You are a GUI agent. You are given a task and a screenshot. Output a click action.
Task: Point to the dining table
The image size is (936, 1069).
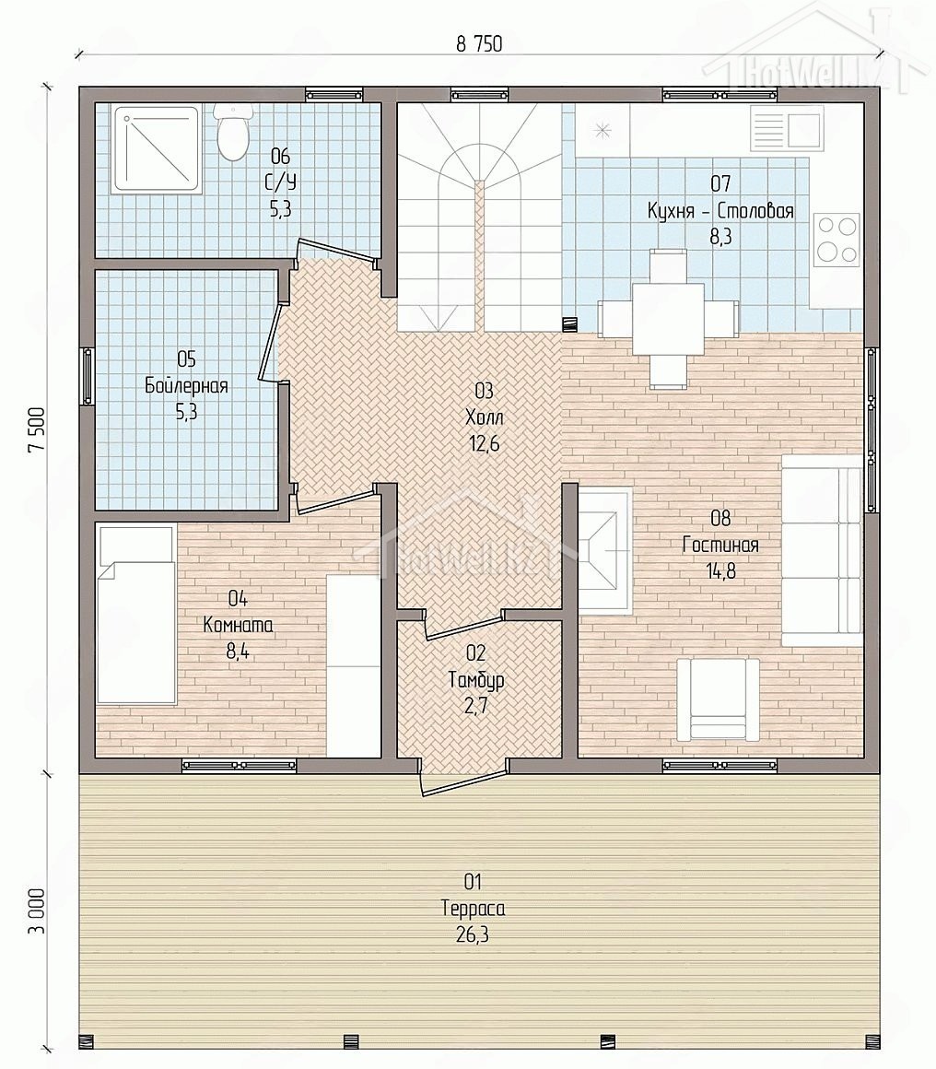pyautogui.click(x=668, y=319)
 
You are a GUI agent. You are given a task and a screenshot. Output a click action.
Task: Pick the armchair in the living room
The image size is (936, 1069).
pyautogui.click(x=718, y=699)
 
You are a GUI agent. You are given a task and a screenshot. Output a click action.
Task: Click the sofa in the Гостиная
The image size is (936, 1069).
pyautogui.click(x=822, y=550)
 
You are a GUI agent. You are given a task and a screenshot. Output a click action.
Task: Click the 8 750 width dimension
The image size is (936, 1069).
pyautogui.click(x=478, y=44)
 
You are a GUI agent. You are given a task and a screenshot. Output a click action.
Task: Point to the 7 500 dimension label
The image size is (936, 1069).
pyautogui.click(x=38, y=429)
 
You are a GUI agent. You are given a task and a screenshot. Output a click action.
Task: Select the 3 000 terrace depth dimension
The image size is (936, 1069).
pyautogui.click(x=38, y=911)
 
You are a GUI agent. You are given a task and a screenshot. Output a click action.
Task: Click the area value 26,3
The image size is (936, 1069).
pyautogui.click(x=473, y=934)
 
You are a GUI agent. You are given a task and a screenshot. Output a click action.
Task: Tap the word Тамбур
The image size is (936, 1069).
pyautogui.click(x=476, y=680)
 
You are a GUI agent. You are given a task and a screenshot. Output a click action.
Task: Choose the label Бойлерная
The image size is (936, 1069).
pyautogui.click(x=186, y=386)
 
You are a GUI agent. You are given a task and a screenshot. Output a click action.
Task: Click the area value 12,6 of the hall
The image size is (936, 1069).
pyautogui.click(x=484, y=444)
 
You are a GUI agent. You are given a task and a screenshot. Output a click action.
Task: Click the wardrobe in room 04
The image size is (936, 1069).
pyautogui.click(x=353, y=665)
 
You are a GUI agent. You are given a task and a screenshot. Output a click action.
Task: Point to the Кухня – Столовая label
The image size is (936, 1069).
pyautogui.click(x=720, y=211)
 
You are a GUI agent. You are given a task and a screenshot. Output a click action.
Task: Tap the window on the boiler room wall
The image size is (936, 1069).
pyautogui.click(x=88, y=376)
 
